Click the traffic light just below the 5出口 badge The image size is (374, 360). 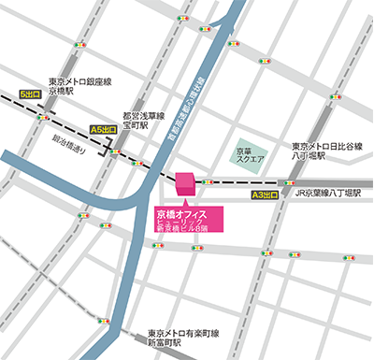42,117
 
